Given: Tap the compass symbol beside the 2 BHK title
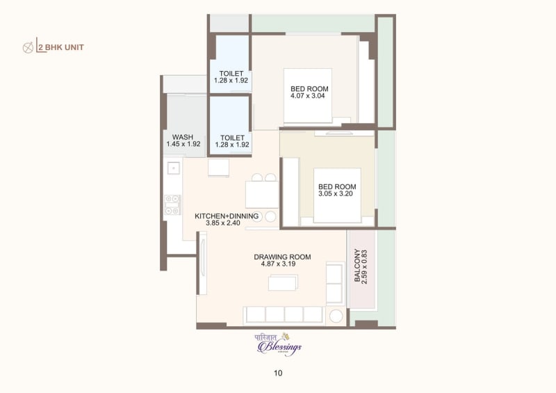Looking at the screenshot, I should click(28, 48).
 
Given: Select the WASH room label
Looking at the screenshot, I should click(183, 137).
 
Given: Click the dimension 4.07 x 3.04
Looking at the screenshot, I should click(309, 96).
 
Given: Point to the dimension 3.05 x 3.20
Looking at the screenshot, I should click(337, 194).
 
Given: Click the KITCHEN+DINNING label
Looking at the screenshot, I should click(227, 216).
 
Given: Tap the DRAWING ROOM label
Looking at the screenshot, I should click(282, 257).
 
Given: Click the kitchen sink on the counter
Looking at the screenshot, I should click(173, 168).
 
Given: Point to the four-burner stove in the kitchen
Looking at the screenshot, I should click(172, 204).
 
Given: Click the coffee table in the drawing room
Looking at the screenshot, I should click(283, 282).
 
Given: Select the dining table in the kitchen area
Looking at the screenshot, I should click(262, 194).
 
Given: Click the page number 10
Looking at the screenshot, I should click(278, 373).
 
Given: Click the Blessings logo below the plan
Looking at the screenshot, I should click(279, 344).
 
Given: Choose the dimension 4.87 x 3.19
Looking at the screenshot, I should click(282, 264).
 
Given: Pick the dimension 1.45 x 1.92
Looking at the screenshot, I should click(183, 144).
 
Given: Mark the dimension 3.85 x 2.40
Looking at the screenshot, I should click(227, 223).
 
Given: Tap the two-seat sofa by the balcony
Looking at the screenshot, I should click(335, 283).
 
